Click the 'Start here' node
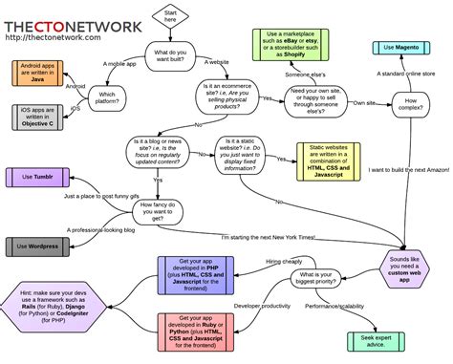[x=171, y=16]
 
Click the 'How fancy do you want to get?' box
[x=158, y=211]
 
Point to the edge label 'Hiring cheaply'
[x=287, y=260]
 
